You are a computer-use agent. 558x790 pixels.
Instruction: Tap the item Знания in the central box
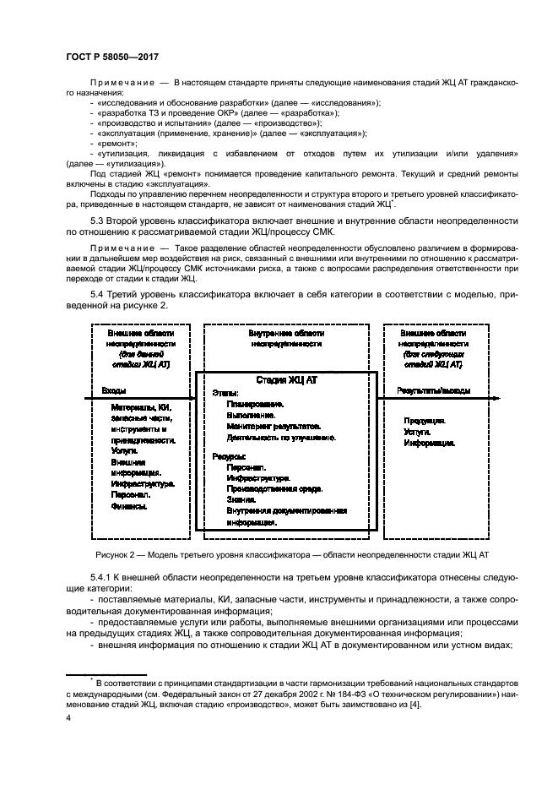(242, 500)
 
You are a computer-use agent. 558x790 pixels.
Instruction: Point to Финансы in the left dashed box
(129, 506)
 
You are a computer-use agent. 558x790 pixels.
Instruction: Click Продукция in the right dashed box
(425, 420)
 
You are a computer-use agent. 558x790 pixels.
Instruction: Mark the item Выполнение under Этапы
(251, 416)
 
